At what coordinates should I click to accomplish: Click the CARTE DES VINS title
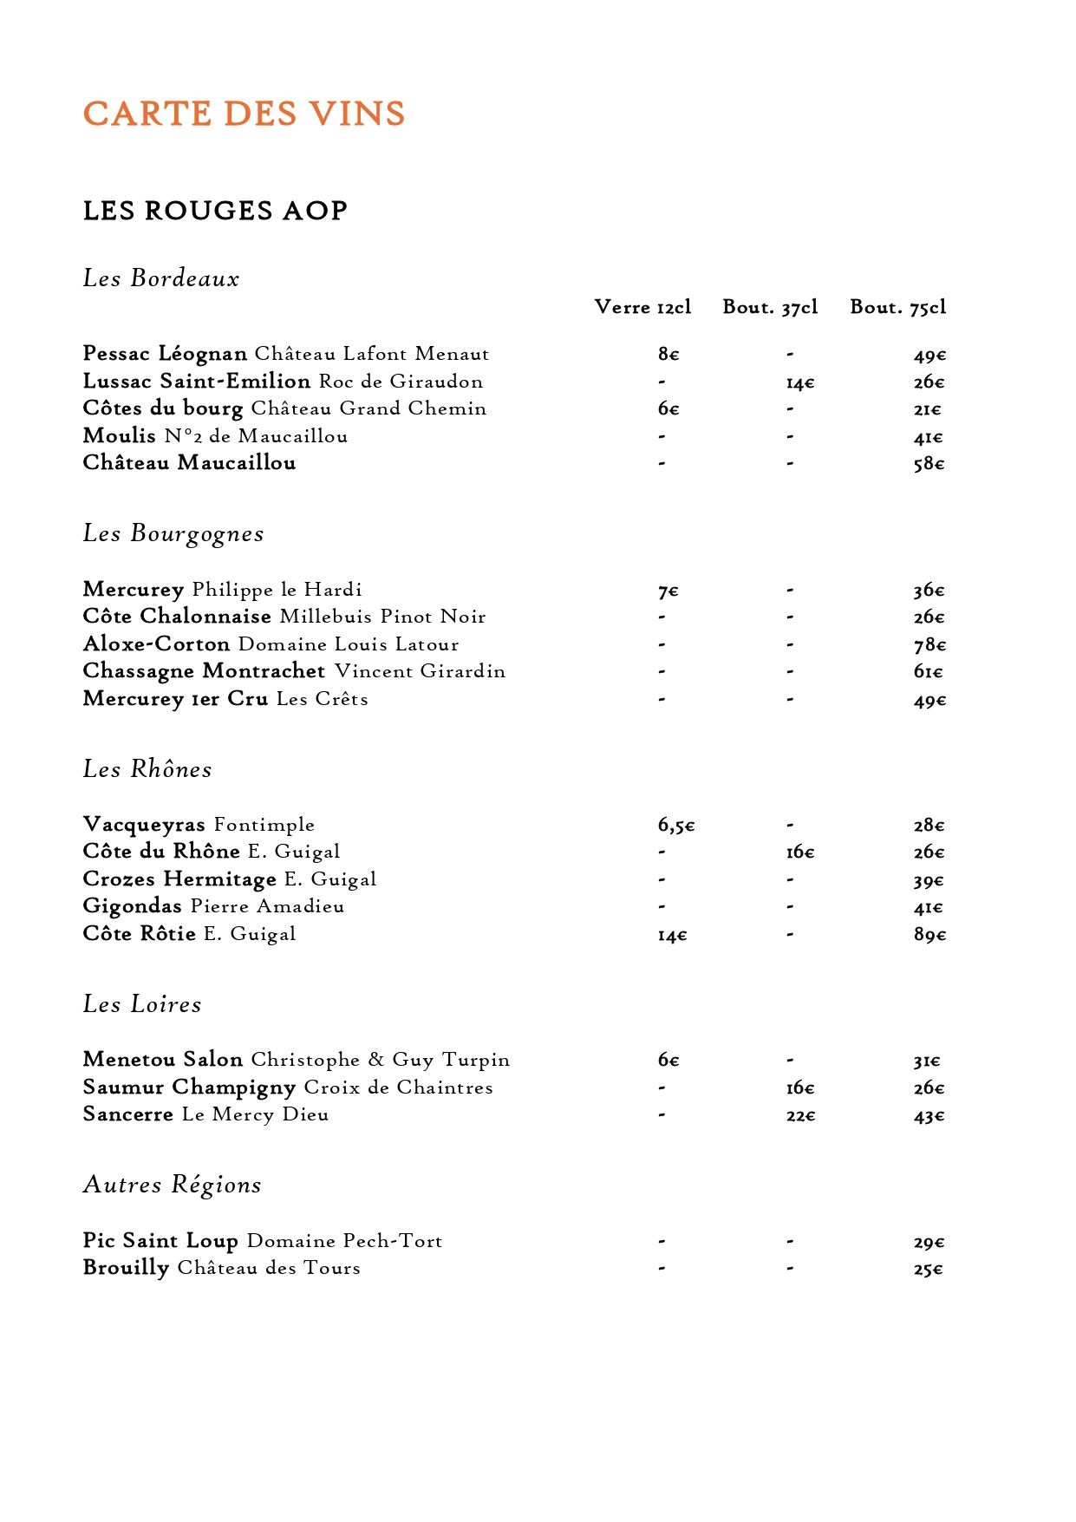[244, 114]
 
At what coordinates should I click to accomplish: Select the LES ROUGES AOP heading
[215, 211]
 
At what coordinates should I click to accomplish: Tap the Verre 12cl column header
[642, 307]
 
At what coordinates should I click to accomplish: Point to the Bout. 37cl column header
[770, 307]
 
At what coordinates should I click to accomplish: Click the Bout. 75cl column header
[897, 307]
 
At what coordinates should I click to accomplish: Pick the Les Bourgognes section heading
[173, 533]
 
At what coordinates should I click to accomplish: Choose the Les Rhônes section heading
[147, 769]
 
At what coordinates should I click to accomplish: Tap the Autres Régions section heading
[172, 1185]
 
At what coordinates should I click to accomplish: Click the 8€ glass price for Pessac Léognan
[668, 355]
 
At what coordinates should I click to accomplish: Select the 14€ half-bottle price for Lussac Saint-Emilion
[799, 382]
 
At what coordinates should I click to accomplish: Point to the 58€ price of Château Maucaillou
[928, 464]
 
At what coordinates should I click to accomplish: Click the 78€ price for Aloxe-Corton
[929, 645]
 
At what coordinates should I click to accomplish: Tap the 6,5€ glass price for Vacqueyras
[675, 826]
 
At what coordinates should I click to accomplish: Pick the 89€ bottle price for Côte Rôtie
[929, 935]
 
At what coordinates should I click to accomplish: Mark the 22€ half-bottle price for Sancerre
[800, 1116]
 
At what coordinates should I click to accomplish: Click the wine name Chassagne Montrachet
[204, 671]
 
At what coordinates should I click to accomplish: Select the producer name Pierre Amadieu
[267, 906]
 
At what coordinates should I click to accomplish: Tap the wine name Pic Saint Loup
[160, 1241]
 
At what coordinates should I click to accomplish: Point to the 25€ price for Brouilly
[928, 1270]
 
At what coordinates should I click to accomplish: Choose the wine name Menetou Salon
[162, 1060]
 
